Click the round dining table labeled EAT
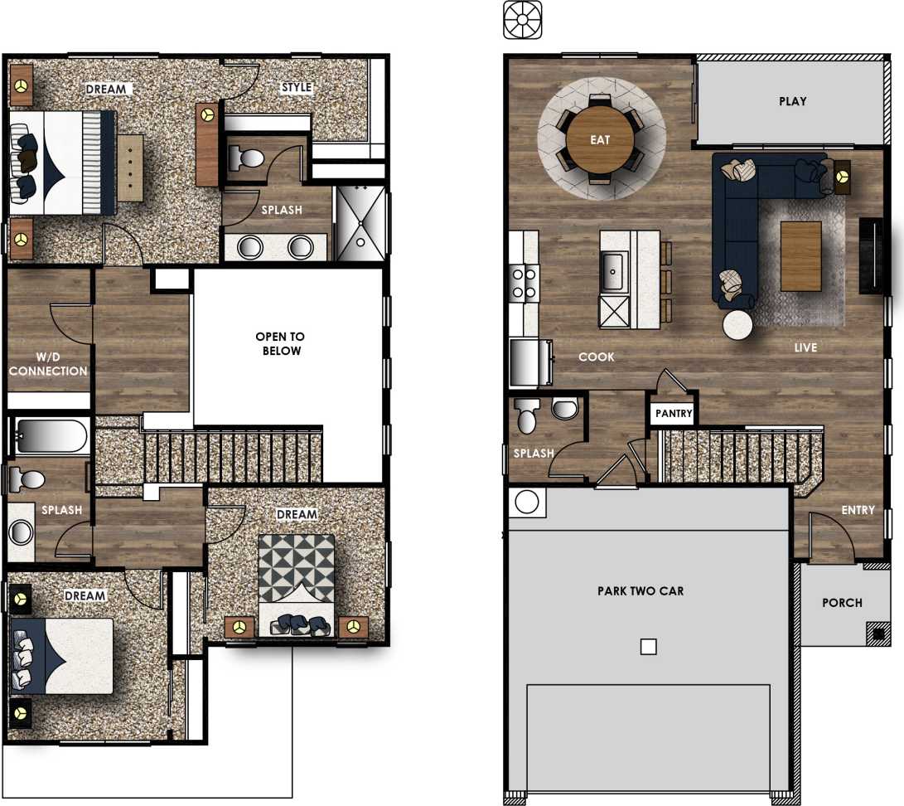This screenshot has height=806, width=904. (600, 139)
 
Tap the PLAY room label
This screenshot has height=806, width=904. (792, 101)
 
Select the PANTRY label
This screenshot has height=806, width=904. (673, 413)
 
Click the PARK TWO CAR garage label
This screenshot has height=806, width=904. (641, 591)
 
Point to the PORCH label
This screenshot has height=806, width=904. (842, 603)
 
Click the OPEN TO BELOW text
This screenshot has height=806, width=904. (280, 343)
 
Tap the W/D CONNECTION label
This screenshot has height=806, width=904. (48, 365)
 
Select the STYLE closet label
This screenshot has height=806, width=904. (296, 87)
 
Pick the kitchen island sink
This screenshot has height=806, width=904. (613, 269)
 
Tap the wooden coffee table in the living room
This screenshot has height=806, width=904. (800, 255)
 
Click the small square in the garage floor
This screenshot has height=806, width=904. (649, 647)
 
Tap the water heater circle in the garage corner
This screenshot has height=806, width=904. (527, 503)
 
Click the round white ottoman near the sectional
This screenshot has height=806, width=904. (737, 325)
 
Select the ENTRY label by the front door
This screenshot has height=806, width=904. (858, 510)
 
